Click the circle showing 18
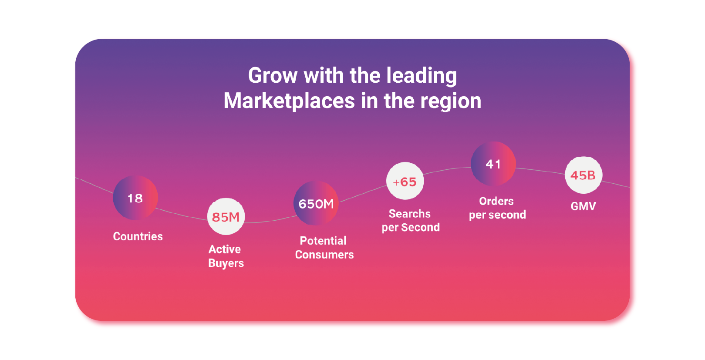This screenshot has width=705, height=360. coord(135,198)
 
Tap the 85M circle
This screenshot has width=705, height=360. coord(226,216)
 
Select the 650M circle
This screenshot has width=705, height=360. coord(316,203)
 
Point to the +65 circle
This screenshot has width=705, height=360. coord(405,181)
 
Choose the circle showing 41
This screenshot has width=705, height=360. coord(493,164)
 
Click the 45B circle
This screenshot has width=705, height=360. coord(584,175)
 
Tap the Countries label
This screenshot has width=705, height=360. coord(138,236)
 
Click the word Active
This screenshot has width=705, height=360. coord(225,249)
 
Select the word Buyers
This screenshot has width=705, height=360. coord(226,263)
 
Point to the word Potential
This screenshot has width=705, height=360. coord(323,241)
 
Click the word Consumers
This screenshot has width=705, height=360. coord(324,255)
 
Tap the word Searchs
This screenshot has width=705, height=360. coord(410,214)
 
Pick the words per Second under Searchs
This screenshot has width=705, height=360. coord(411,228)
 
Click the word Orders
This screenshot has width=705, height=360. coord(496,201)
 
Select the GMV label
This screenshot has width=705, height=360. coord(584,206)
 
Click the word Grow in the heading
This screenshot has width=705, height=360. coord(273,75)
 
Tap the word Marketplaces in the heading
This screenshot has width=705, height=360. coord(290,101)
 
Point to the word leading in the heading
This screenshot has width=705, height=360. coord(422,76)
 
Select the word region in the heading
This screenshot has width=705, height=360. coord(451,101)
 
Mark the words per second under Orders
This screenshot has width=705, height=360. coord(498,215)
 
